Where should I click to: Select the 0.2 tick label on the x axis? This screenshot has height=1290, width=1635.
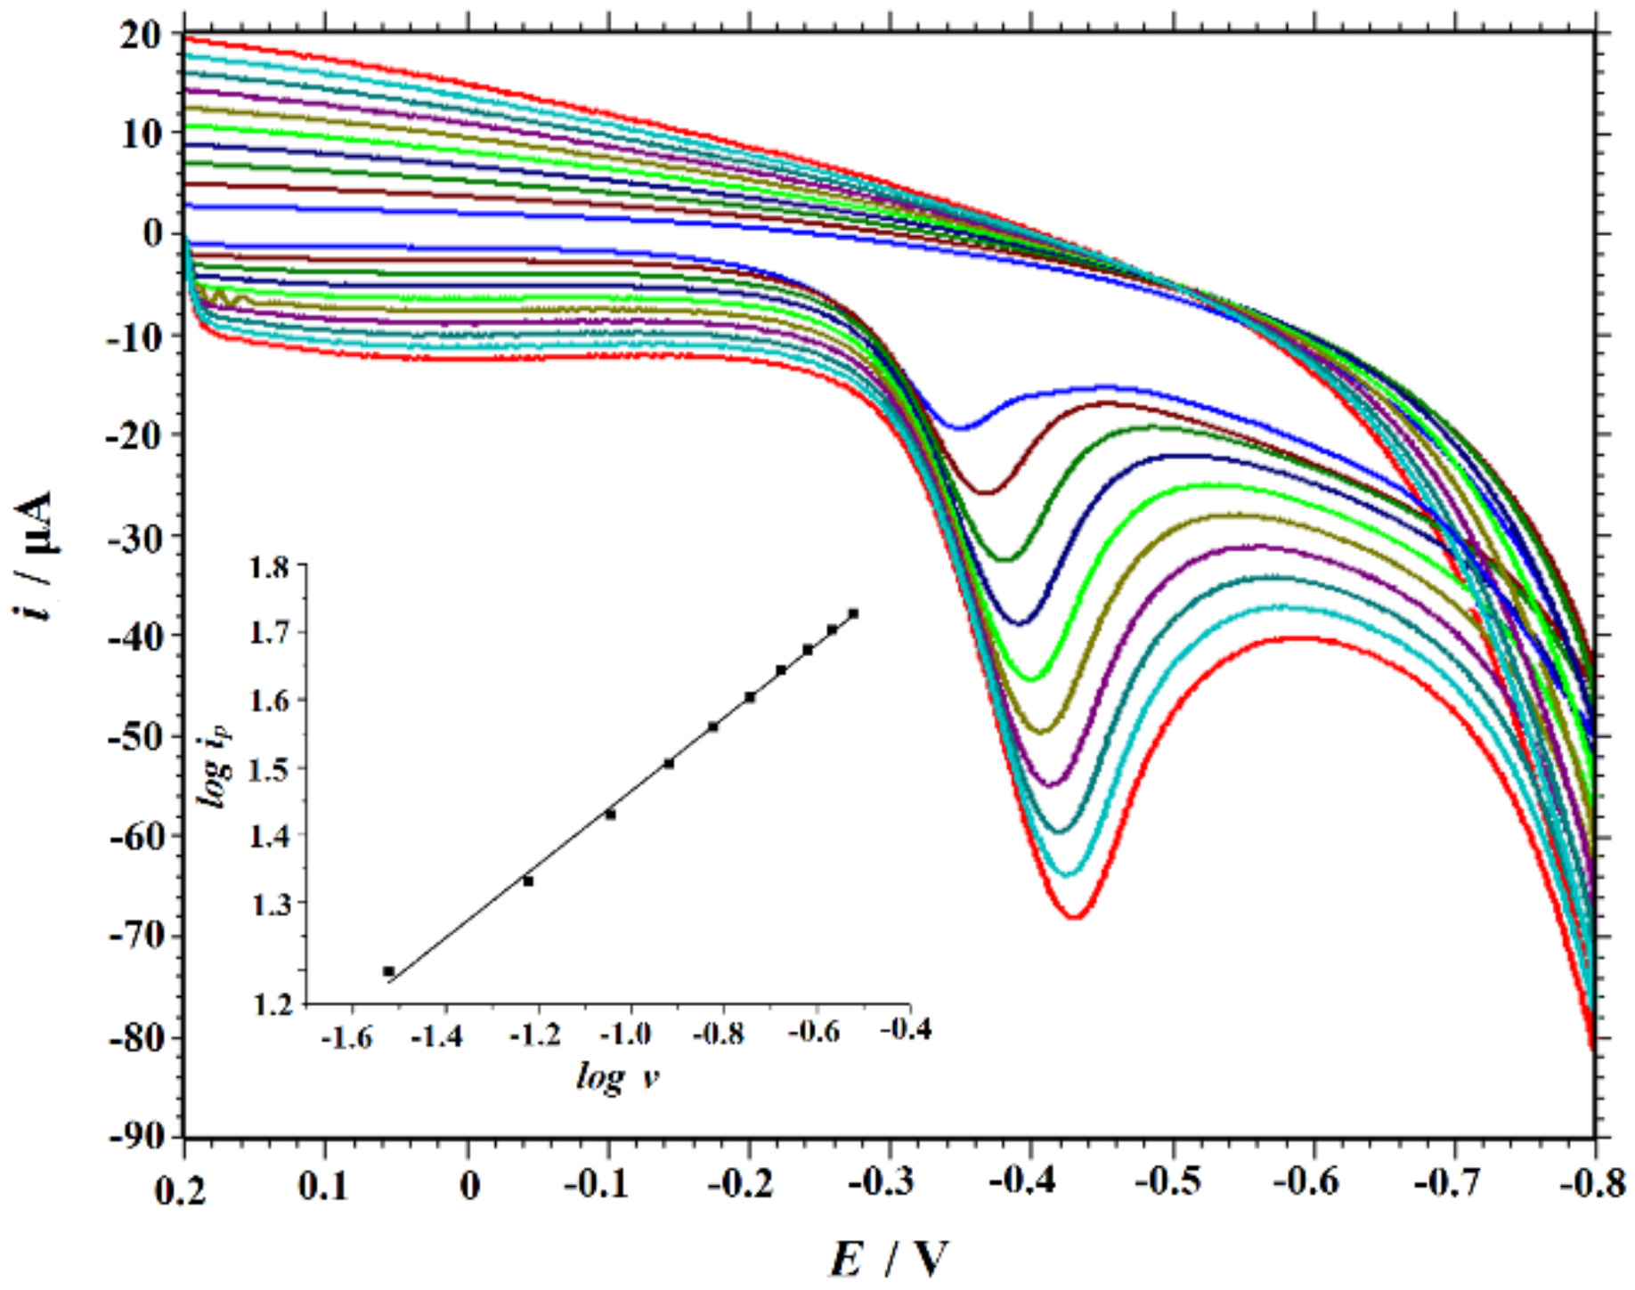[x=182, y=1188]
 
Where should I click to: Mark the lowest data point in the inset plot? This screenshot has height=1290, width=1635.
[x=389, y=971]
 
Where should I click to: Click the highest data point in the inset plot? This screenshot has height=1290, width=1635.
[x=853, y=613]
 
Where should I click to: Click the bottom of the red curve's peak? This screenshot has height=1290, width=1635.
[x=1075, y=916]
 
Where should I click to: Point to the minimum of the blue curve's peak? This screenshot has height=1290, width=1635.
[x=962, y=428]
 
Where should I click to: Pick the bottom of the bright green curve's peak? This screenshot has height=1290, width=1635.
[x=1032, y=679]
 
